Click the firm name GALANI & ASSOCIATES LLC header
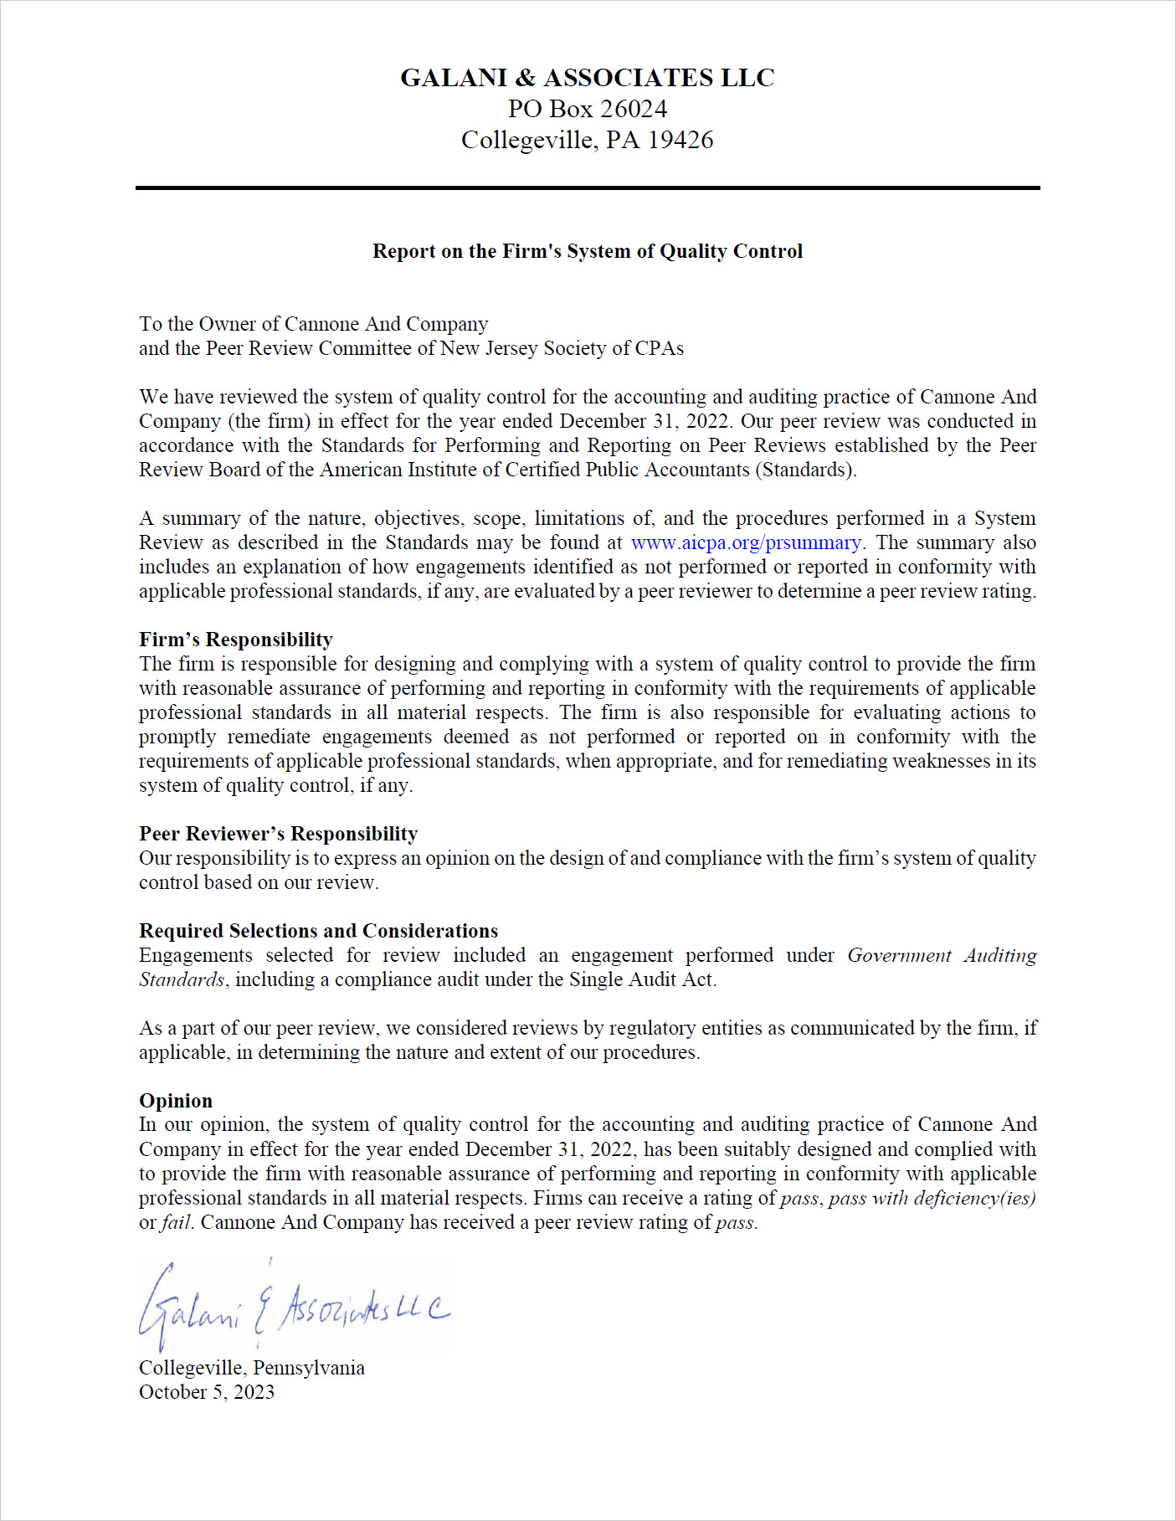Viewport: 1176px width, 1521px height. pos(587,78)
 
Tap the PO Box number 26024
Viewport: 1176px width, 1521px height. pos(634,109)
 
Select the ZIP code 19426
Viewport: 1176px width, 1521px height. pos(680,140)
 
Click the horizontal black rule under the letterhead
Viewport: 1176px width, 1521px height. pos(588,188)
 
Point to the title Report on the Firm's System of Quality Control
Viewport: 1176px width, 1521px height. pos(587,251)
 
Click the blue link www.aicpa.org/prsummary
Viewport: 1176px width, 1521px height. pos(746,542)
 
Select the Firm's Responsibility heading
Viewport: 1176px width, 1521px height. pos(235,640)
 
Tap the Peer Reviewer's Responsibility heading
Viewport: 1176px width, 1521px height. pos(278,834)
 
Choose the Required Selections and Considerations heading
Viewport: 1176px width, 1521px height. pos(318,931)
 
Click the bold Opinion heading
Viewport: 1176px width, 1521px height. pos(176,1101)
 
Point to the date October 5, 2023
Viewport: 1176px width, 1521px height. pos(206,1392)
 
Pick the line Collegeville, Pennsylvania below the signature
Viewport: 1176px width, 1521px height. pos(251,1368)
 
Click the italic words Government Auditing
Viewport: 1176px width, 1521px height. pos(942,955)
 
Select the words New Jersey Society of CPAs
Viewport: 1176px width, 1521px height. pos(562,348)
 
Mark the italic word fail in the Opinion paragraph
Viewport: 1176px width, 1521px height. pos(176,1222)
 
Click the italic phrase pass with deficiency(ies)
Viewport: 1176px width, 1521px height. pos(932,1198)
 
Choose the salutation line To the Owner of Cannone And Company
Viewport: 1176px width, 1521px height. pos(313,324)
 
